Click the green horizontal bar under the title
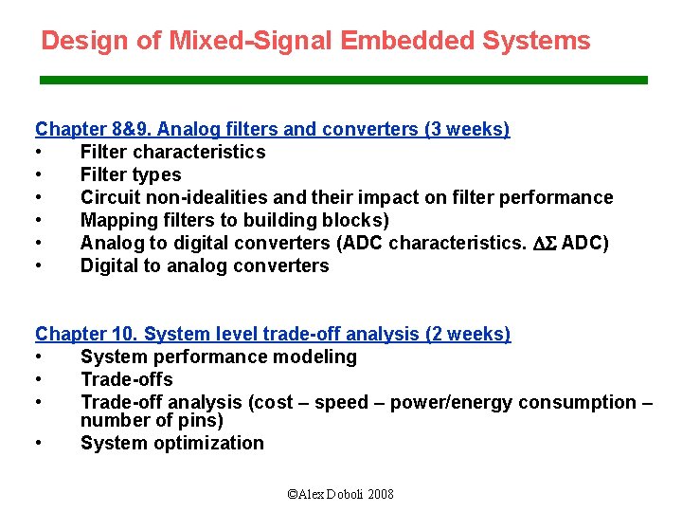click(343, 81)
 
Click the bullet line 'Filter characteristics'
click(172, 152)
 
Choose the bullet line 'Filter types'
click(131, 174)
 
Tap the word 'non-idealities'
click(205, 197)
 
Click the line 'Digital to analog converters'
click(205, 265)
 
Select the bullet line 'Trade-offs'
click(126, 379)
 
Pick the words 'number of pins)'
click(152, 420)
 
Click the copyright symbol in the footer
click(292, 494)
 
